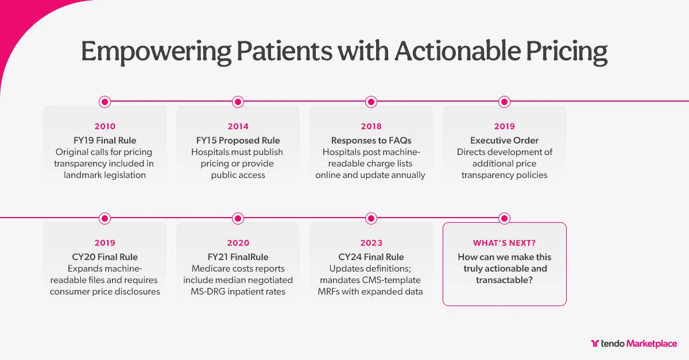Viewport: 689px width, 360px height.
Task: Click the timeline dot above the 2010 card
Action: tap(104, 102)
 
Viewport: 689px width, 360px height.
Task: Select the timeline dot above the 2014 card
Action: tap(238, 102)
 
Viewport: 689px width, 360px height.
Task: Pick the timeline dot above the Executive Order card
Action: tap(504, 102)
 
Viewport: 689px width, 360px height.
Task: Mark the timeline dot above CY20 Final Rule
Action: tap(104, 218)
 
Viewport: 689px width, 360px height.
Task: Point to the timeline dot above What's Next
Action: tap(504, 218)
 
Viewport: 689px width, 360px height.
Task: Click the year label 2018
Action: tap(371, 126)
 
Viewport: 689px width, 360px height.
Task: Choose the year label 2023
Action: tap(371, 243)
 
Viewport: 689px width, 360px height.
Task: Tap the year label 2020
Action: tap(238, 243)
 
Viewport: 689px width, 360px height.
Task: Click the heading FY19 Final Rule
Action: tap(104, 141)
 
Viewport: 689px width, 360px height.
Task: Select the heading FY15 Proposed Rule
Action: tap(238, 141)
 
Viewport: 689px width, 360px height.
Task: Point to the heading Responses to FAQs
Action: tap(371, 141)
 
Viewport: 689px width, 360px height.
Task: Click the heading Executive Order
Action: tap(504, 141)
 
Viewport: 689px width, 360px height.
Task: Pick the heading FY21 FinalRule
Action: tap(238, 257)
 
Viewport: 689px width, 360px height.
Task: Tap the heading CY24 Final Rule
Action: tap(371, 257)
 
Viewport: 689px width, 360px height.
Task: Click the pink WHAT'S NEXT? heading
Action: tap(504, 243)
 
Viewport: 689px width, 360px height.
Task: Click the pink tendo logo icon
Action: tap(595, 344)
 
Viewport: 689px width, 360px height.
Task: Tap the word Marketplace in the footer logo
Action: tap(652, 344)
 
